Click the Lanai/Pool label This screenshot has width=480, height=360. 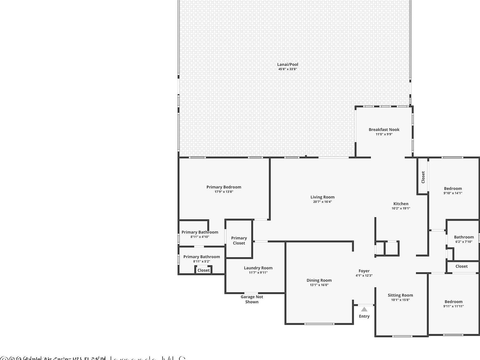(287, 64)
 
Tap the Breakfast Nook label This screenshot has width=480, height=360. (384, 129)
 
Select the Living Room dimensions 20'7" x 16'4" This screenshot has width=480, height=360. (322, 202)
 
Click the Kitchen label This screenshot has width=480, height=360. (401, 204)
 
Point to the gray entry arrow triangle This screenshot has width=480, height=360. (364, 309)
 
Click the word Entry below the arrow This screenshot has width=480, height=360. (364, 316)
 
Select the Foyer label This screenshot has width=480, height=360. (364, 271)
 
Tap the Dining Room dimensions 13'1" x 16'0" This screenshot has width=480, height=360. (319, 285)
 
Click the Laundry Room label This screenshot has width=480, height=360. (258, 268)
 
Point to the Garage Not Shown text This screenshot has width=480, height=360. (252, 299)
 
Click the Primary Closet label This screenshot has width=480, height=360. (239, 241)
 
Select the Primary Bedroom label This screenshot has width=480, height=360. (224, 187)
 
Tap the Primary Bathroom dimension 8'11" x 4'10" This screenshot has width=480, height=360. (200, 237)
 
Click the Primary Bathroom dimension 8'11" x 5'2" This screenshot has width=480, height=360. (202, 262)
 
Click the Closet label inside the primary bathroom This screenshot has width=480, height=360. (203, 270)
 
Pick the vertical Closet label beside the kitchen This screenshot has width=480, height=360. (423, 177)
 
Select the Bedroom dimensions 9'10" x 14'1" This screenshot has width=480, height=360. (453, 193)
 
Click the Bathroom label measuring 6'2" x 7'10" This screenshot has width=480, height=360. (464, 237)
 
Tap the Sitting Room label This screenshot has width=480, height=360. (400, 295)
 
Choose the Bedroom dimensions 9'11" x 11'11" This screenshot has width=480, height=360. (453, 306)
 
